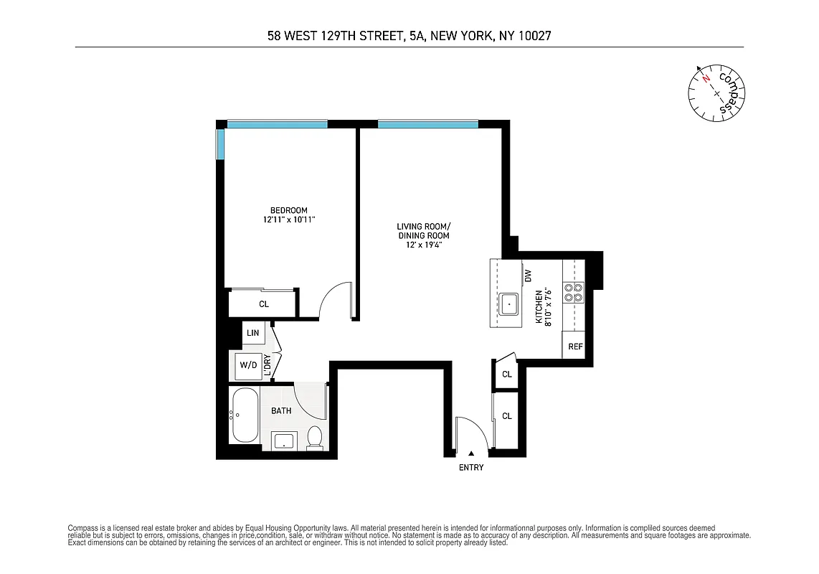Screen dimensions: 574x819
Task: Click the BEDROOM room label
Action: coord(288,210)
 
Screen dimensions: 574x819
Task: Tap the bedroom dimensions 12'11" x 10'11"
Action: coord(288,220)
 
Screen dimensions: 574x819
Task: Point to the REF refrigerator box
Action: coord(574,347)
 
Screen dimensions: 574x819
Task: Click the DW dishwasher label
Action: coord(528,275)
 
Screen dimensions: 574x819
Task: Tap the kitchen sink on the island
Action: coord(509,304)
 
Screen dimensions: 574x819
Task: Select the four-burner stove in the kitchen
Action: coord(574,292)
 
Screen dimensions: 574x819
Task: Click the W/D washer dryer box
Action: coord(248,365)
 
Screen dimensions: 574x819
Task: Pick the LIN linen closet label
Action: coord(252,333)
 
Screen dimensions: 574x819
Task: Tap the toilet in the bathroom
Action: coord(314,438)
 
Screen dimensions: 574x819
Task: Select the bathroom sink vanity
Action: coord(284,441)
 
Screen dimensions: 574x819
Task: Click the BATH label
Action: coord(281,411)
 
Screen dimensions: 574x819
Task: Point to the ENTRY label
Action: coord(471,468)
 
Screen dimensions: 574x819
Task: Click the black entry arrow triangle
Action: coord(471,453)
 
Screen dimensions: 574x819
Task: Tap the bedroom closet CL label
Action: coord(264,304)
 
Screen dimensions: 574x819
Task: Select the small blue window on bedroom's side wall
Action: coord(220,145)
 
